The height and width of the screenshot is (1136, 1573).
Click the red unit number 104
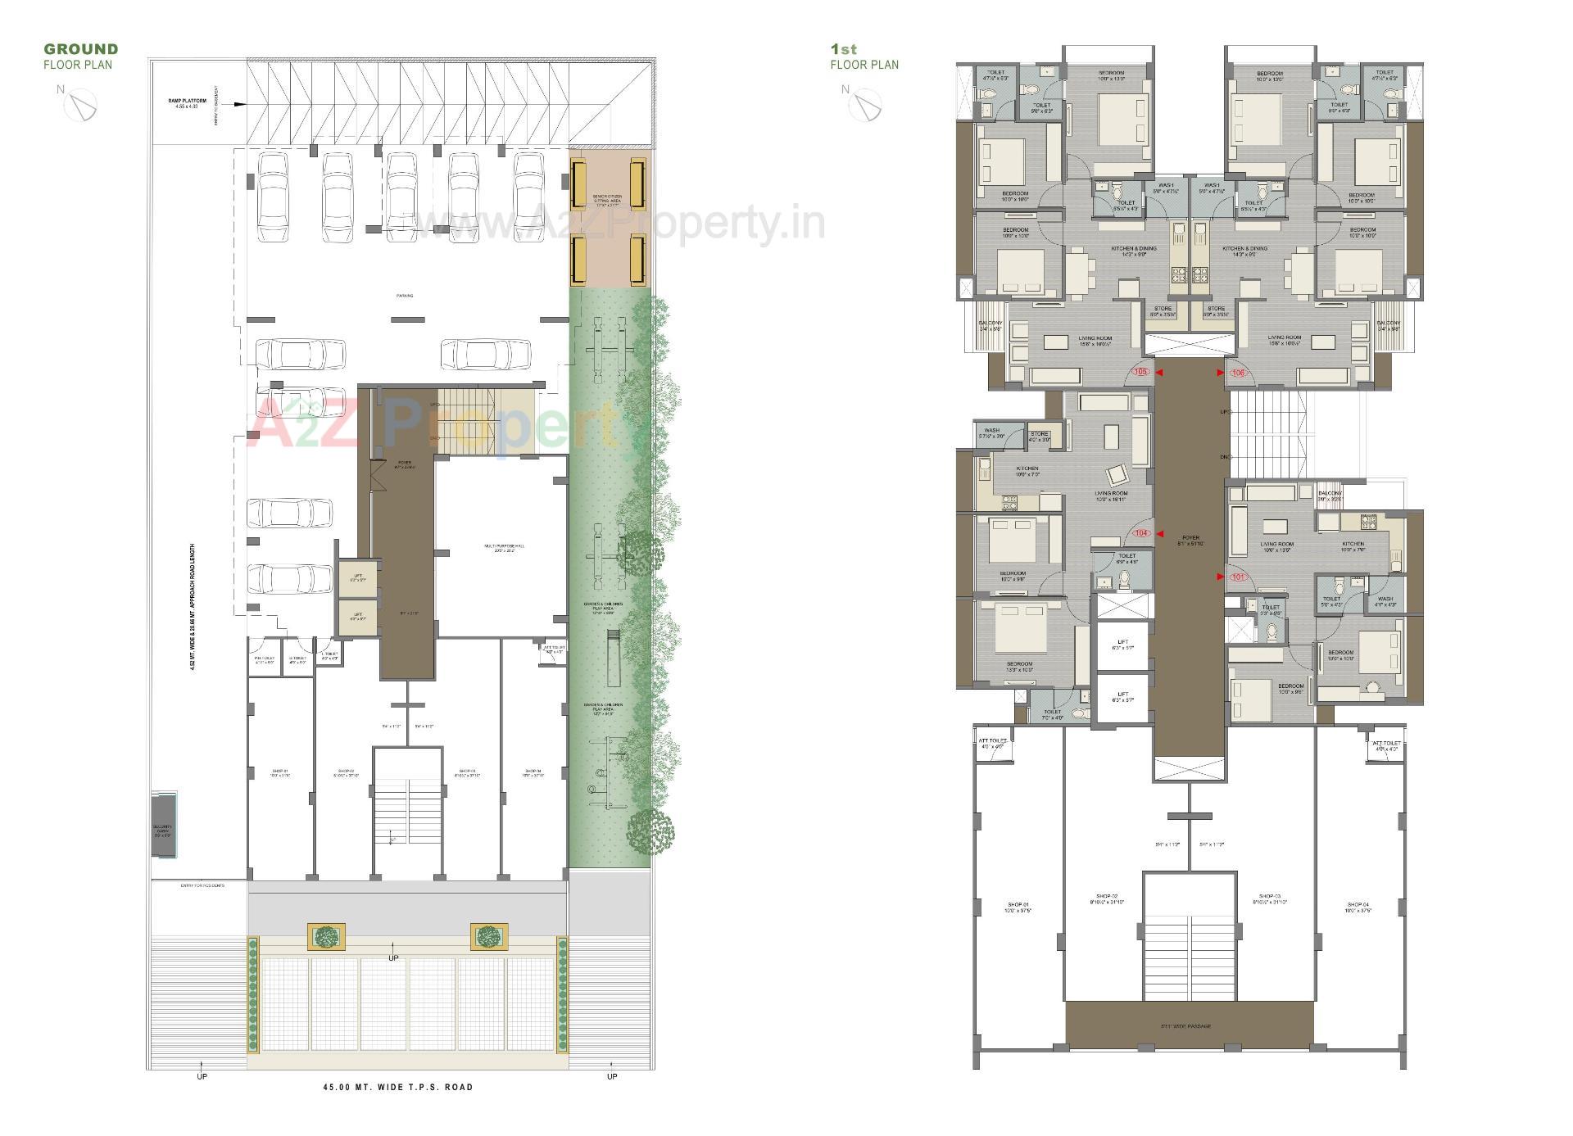(x=1141, y=533)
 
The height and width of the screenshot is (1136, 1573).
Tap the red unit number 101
(x=1237, y=577)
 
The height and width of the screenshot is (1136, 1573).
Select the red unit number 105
(x=1141, y=372)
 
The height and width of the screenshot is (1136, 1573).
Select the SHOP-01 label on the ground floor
(x=280, y=772)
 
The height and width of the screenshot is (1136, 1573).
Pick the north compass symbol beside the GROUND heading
(x=82, y=105)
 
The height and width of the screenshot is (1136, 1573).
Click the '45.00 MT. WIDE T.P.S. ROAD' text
(x=397, y=1087)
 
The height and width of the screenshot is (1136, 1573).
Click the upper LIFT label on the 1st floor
(x=1122, y=644)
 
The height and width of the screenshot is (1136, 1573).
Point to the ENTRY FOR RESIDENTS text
(x=202, y=885)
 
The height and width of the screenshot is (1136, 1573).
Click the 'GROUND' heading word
(x=81, y=49)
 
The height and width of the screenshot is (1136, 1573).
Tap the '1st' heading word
(x=844, y=49)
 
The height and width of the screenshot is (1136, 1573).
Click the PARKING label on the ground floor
(x=405, y=296)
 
